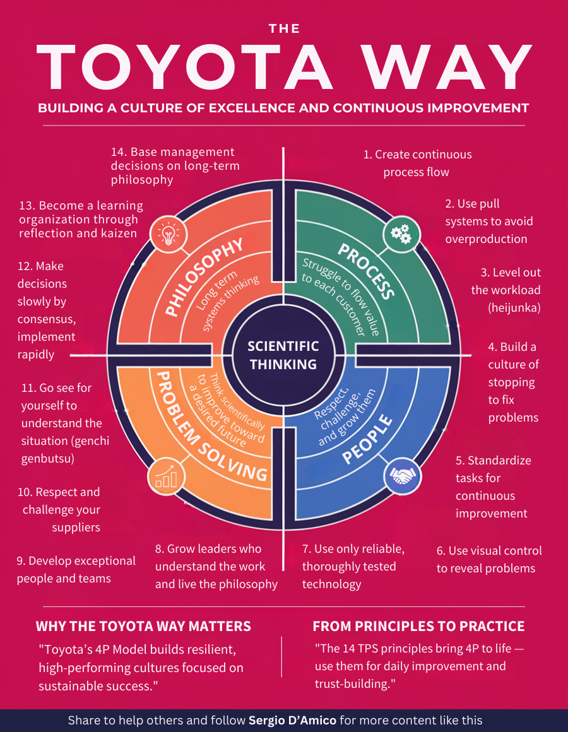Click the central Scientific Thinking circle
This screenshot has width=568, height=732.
[283, 355]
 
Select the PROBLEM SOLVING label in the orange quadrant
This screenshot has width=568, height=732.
[208, 429]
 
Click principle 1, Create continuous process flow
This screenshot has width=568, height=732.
[417, 163]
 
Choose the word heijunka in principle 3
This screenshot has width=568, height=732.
[514, 308]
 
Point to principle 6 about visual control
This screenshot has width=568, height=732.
[488, 559]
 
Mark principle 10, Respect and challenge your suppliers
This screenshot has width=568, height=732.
[61, 509]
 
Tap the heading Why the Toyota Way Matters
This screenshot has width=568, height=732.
[143, 626]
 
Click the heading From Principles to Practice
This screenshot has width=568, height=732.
[418, 626]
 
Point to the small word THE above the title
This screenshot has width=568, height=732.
[284, 28]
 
